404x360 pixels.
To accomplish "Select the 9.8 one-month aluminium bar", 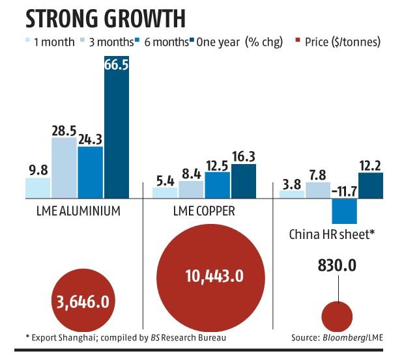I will click(38, 187).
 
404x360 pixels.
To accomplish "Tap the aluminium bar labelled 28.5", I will click(64, 167).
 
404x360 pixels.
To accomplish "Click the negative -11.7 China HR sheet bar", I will click(345, 212).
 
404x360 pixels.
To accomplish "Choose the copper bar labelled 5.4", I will click(165, 193).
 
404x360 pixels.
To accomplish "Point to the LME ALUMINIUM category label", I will click(77, 212).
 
